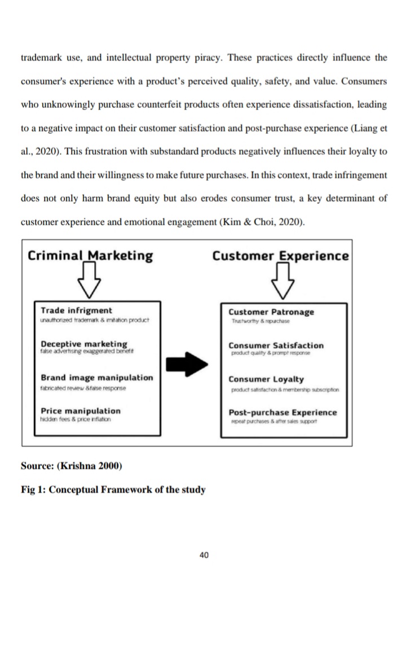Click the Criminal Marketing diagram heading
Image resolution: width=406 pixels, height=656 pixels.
point(90,256)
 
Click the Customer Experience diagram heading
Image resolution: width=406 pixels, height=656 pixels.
point(280,256)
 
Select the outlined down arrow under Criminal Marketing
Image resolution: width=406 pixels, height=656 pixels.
point(89,283)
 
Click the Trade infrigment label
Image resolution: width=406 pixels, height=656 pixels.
point(76,310)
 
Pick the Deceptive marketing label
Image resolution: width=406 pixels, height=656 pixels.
point(84,344)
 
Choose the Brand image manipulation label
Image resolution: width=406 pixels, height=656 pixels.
point(96,378)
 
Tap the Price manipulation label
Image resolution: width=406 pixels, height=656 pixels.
point(81,411)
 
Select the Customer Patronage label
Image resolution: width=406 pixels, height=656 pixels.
point(271,312)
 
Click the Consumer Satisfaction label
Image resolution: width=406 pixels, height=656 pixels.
point(276,345)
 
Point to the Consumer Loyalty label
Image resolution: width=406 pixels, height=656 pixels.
point(266,379)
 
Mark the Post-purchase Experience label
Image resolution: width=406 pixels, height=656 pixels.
point(283,412)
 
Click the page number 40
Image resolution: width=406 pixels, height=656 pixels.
point(204,556)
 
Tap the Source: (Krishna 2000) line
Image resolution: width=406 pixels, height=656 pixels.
point(71,466)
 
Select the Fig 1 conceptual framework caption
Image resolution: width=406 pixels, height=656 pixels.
point(113,489)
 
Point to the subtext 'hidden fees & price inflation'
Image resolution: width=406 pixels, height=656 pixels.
point(76,419)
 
